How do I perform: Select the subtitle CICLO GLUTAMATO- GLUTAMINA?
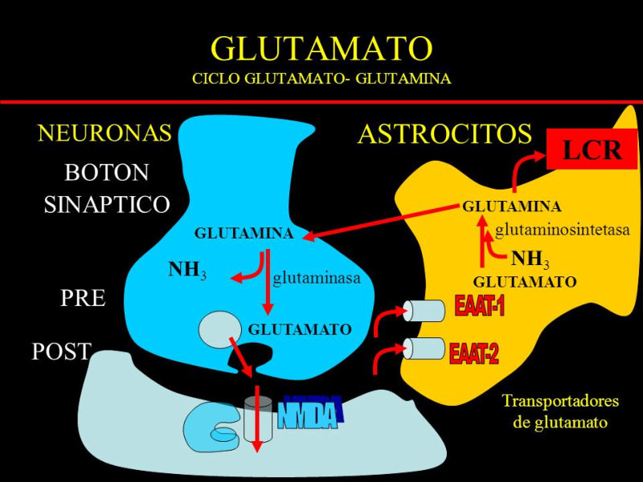point(321,80)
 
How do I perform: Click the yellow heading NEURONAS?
point(104,133)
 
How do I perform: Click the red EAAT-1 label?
point(479,306)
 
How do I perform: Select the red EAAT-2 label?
point(474,352)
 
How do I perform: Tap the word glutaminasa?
point(316,278)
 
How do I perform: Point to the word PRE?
point(83,298)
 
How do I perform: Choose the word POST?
point(61,351)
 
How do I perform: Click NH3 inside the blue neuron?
point(187,270)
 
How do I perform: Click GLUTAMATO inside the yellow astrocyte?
point(524,282)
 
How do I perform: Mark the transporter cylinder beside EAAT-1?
point(424,310)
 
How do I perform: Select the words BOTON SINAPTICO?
point(106,188)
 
